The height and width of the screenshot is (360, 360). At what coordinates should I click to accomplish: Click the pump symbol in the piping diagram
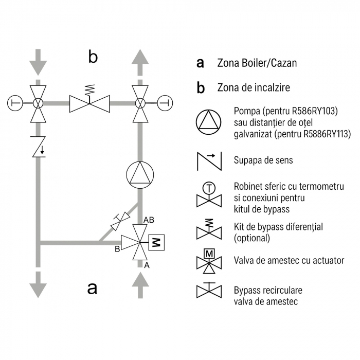tap(140, 175)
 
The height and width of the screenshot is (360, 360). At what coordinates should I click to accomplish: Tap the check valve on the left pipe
tap(38, 148)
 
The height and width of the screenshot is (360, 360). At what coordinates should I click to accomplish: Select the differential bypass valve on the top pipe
tap(89, 102)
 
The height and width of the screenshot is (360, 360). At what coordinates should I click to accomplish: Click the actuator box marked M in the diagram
tap(156, 242)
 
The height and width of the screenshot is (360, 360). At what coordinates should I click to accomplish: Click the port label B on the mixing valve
tap(117, 249)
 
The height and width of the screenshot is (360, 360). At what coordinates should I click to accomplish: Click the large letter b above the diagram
tap(93, 57)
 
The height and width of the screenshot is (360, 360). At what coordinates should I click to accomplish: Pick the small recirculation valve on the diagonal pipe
tap(120, 222)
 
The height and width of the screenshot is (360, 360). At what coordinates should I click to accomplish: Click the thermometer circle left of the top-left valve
tap(15, 103)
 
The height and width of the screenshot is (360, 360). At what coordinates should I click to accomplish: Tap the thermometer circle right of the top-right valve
tap(164, 103)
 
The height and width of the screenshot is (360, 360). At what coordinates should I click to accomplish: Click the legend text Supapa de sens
tap(263, 160)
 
